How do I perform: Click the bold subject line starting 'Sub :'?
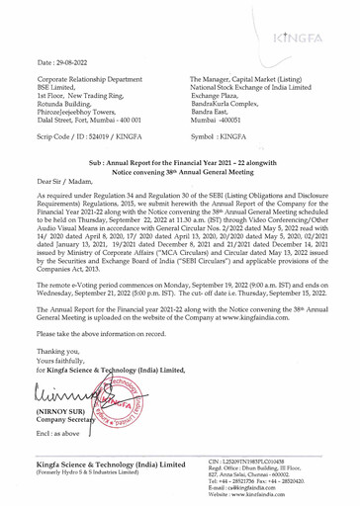click(x=179, y=187)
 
